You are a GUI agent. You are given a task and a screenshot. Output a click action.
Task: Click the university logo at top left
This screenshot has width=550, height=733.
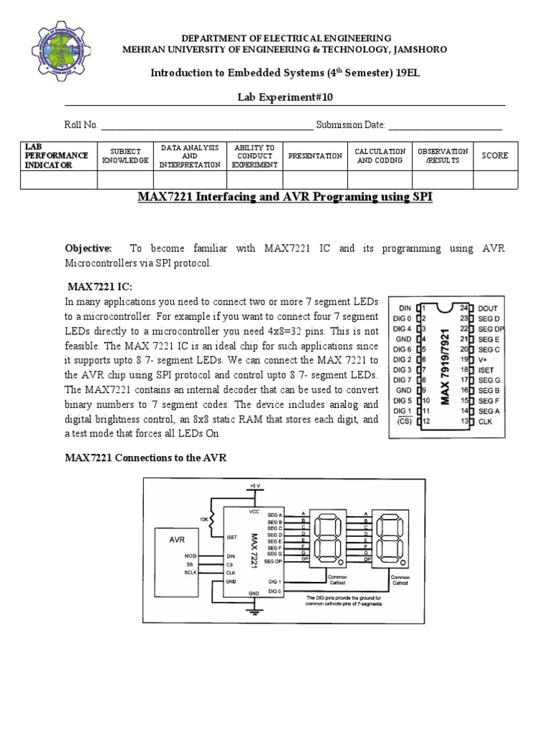tap(60, 50)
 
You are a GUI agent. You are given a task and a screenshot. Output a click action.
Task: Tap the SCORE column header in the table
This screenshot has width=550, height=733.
tap(495, 155)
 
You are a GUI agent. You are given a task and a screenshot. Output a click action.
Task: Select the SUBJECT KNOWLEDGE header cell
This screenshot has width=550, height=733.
tap(125, 155)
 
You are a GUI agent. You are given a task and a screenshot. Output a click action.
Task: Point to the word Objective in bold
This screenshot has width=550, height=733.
tap(89, 248)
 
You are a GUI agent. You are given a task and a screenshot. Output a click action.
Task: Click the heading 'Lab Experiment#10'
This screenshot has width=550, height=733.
tap(284, 97)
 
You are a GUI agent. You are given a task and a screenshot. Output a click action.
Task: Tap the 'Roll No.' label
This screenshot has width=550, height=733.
tap(81, 125)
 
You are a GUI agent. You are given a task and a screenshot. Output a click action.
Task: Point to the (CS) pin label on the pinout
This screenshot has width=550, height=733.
tap(405, 422)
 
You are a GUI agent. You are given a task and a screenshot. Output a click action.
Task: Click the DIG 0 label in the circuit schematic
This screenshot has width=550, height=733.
tap(275, 591)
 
